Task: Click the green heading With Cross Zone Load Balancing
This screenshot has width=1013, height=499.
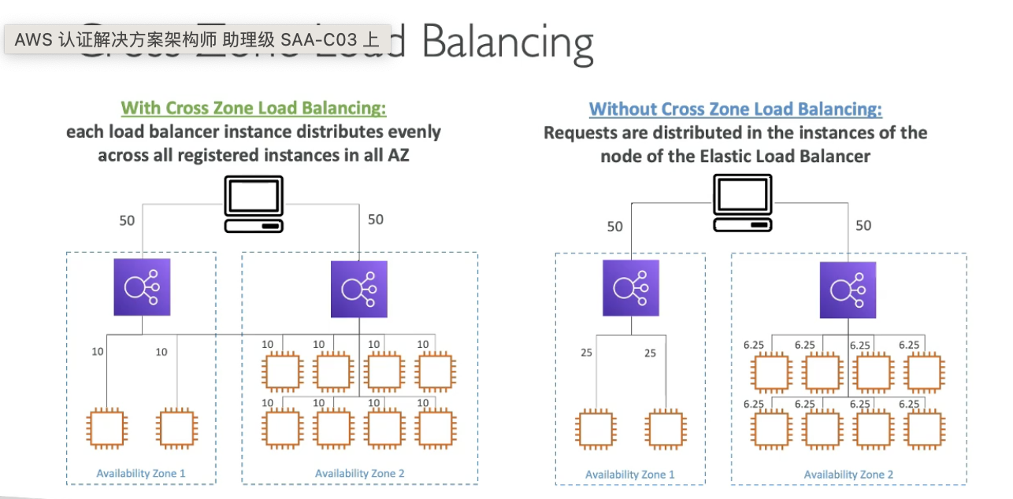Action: point(254,108)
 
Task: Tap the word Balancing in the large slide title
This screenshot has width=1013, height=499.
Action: point(508,43)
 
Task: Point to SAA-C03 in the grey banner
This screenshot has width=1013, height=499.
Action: point(318,40)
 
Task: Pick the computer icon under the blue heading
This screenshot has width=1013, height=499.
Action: point(742,203)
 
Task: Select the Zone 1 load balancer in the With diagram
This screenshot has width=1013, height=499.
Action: point(142,286)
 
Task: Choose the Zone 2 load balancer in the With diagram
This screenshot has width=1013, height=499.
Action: point(359,289)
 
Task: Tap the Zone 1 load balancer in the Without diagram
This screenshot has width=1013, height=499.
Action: point(631,288)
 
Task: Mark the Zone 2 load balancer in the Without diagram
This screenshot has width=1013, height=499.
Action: point(848,290)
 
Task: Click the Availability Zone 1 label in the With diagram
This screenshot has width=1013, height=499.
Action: point(141,473)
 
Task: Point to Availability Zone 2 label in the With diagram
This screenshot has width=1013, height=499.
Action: point(359,473)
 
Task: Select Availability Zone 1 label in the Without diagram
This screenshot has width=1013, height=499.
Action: point(630,475)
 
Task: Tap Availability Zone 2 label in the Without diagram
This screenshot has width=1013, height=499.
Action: point(848,475)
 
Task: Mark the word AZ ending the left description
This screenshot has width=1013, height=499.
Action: point(398,155)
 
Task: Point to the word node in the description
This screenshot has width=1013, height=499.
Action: point(619,156)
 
